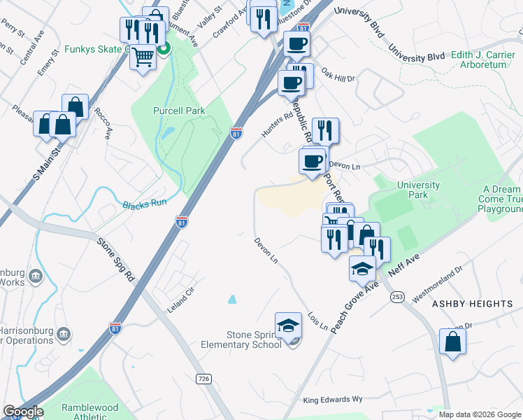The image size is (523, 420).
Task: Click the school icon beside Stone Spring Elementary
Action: [x=288, y=326]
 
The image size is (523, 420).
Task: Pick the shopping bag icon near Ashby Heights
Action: [x=452, y=342]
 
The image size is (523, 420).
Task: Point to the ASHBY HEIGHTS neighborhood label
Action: [x=473, y=304]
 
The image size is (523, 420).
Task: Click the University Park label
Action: [x=418, y=190]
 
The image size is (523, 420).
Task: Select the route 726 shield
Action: [x=203, y=379]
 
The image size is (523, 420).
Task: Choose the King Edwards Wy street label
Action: [x=333, y=400]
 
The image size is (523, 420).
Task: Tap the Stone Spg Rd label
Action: [x=115, y=258]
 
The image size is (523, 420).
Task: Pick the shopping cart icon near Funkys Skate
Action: [x=143, y=56]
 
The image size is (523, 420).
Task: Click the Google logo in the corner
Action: [x=23, y=412]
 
